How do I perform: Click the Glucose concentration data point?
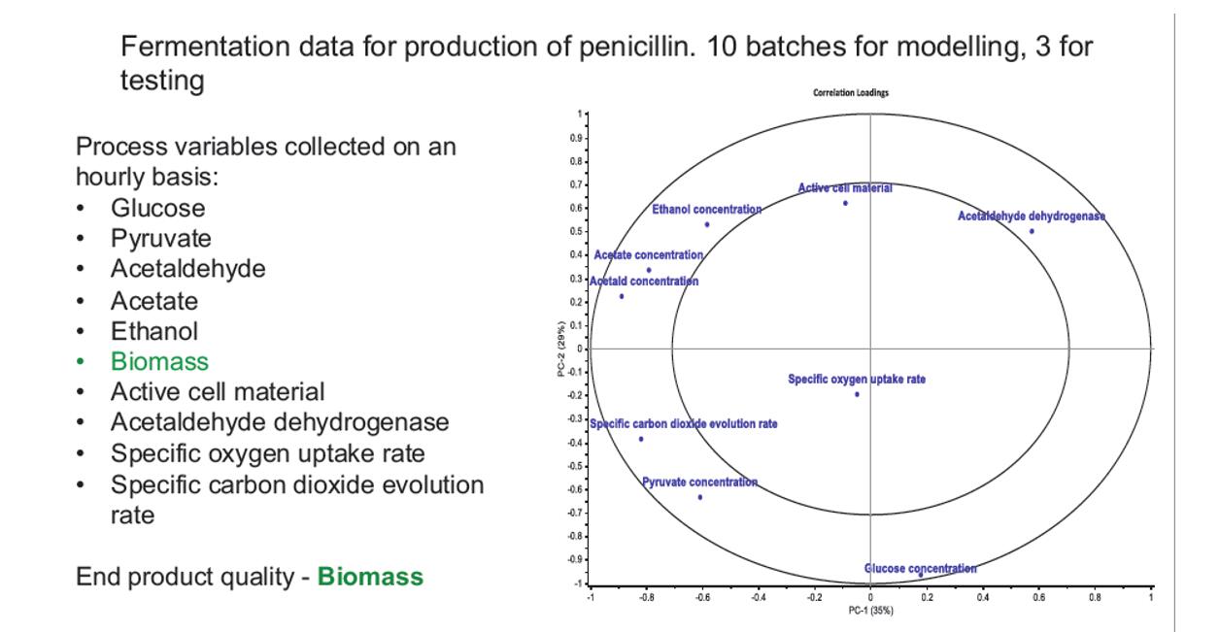(x=920, y=576)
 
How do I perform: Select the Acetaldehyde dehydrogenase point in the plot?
(x=1032, y=231)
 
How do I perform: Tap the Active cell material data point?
(x=845, y=203)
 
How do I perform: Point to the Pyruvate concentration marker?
(x=699, y=497)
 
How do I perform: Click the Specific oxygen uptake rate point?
(x=857, y=394)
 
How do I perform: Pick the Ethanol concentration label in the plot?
(x=706, y=209)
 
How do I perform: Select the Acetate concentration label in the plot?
(x=648, y=254)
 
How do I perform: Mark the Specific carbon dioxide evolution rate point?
(x=641, y=439)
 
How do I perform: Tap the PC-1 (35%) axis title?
(x=870, y=611)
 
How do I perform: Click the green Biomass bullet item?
(x=159, y=362)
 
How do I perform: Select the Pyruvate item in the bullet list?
(x=160, y=238)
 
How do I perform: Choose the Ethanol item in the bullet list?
(x=155, y=331)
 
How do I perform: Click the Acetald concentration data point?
(x=622, y=296)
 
